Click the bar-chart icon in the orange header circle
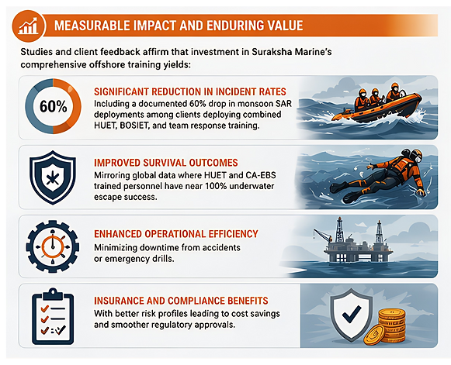(x=28, y=26)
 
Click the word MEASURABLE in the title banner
(x=91, y=26)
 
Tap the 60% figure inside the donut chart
(x=54, y=106)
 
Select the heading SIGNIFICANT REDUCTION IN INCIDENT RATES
(x=190, y=91)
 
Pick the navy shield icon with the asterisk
(x=53, y=177)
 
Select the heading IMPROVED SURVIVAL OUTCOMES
(x=166, y=163)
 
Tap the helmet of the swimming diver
(x=413, y=154)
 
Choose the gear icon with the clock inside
(x=53, y=246)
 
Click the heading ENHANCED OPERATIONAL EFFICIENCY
(x=176, y=234)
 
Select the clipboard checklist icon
(x=53, y=317)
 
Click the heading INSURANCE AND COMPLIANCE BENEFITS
(x=181, y=301)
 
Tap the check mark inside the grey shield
(x=352, y=313)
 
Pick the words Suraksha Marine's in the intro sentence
(x=292, y=52)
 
